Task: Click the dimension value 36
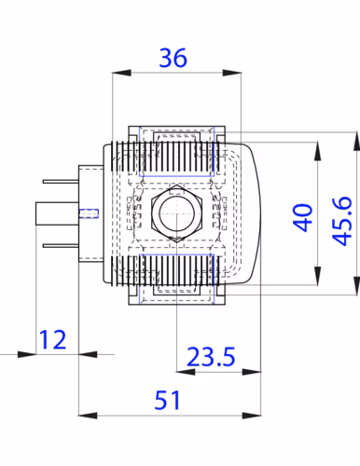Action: pyautogui.click(x=173, y=58)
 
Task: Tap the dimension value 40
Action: pyautogui.click(x=303, y=218)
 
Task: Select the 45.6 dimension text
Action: pyautogui.click(x=342, y=221)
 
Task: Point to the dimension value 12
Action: pyautogui.click(x=52, y=339)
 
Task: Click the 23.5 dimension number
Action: pyautogui.click(x=211, y=356)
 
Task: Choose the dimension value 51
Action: pyautogui.click(x=167, y=400)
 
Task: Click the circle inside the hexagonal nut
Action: pyautogui.click(x=176, y=213)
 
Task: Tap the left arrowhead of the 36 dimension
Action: pyautogui.click(x=121, y=73)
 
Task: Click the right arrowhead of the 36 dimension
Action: pyautogui.click(x=232, y=73)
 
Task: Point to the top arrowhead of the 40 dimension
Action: pyautogui.click(x=317, y=152)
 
